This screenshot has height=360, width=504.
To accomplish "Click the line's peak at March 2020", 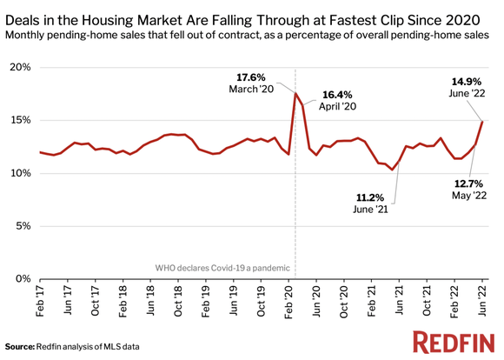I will pyautogui.click(x=296, y=93).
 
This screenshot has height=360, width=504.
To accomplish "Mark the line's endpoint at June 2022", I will pyautogui.click(x=483, y=121).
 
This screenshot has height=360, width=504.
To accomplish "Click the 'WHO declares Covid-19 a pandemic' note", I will pyautogui.click(x=222, y=268).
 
